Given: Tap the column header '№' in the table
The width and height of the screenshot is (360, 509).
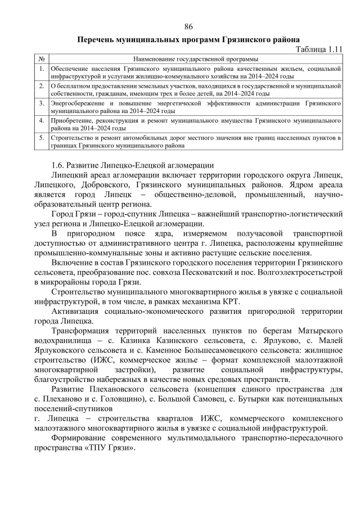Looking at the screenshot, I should (x=42, y=58).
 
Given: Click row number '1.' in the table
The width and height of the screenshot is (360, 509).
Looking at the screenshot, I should (x=42, y=68).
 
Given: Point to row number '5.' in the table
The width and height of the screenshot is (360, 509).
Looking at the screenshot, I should (x=42, y=137).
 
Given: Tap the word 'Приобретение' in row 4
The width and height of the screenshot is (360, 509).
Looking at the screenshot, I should (x=71, y=121).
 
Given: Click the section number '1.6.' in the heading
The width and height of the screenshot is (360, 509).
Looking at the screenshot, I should (x=58, y=165).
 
